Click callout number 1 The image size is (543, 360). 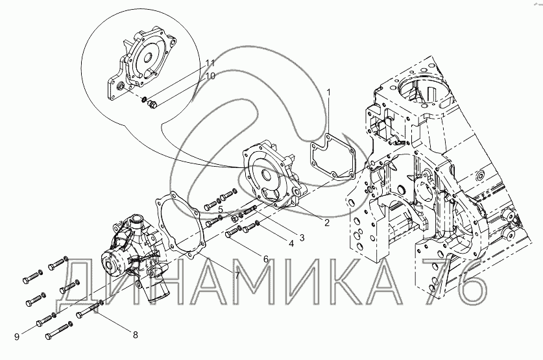tap(329, 92)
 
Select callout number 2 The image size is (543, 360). tap(326, 222)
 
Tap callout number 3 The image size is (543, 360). tap(302, 237)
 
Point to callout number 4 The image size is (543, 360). tap(291, 244)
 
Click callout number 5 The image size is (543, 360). tap(221, 209)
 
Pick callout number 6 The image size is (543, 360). tap(266, 259)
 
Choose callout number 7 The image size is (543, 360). tap(237, 275)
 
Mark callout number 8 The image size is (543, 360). tap(136, 335)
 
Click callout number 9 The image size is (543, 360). tap(17, 336)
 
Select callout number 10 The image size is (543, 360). tap(210, 75)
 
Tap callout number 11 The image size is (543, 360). tap(210, 64)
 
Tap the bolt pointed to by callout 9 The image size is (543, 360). tap(45, 320)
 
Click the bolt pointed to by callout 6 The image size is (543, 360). tap(234, 232)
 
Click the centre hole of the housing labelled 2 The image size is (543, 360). tap(267, 174)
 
